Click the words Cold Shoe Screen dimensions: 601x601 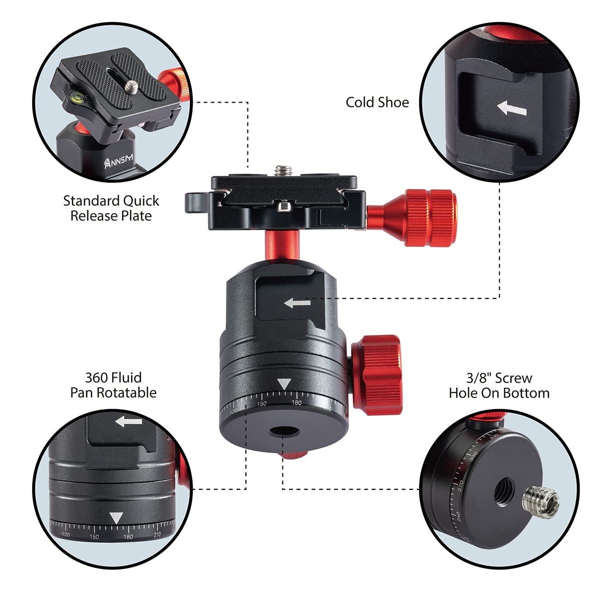(x=377, y=102)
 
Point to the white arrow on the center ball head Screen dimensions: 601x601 (x=297, y=303)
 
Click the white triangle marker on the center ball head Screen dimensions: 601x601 (x=284, y=385)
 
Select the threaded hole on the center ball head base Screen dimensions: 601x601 (x=282, y=432)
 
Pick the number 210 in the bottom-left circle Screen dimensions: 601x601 (x=157, y=535)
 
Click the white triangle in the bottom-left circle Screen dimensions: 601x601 (x=116, y=518)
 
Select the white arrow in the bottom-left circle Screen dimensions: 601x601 (x=129, y=421)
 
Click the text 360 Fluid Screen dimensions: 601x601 (x=113, y=377)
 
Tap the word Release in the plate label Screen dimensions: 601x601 (x=95, y=216)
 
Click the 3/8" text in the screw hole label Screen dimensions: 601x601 (x=478, y=378)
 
